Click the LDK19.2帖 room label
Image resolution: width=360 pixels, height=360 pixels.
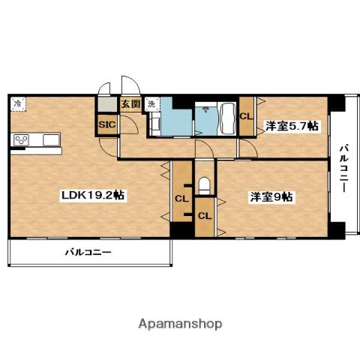coord(92,195)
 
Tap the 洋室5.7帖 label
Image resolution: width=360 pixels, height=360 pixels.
coord(291,127)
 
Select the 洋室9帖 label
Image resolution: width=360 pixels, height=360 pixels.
coord(271,196)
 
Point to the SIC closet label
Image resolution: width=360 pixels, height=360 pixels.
coord(106,125)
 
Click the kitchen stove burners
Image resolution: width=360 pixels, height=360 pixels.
coord(20,140)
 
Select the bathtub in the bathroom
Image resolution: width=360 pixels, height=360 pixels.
coord(228,118)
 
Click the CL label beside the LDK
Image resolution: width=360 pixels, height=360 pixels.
coord(181,199)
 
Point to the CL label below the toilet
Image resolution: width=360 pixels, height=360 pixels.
coord(205,215)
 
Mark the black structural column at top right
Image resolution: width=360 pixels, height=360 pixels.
coord(340,101)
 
